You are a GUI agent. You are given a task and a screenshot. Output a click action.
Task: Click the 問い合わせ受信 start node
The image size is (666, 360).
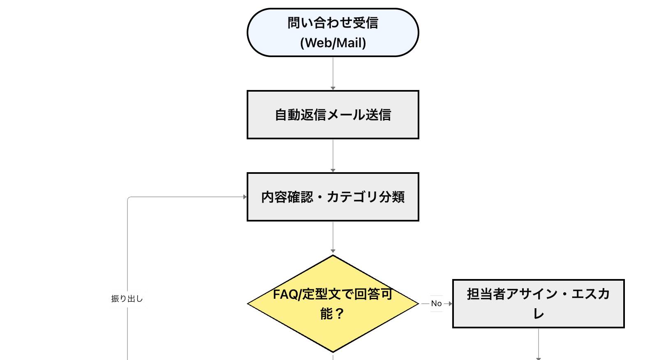click(x=333, y=23)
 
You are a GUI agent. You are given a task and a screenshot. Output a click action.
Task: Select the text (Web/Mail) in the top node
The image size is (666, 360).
click(x=333, y=43)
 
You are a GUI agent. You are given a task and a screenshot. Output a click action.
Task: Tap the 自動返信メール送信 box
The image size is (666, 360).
click(x=333, y=115)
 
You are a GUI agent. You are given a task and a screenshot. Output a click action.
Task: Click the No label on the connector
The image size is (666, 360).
click(x=436, y=304)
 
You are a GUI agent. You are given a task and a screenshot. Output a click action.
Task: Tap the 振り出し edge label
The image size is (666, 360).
click(x=127, y=299)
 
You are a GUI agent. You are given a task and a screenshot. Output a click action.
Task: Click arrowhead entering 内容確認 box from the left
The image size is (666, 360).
click(x=245, y=197)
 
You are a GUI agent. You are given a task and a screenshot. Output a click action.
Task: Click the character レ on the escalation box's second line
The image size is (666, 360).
click(x=539, y=314)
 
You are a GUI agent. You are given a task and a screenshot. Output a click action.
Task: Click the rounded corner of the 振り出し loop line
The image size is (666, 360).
click(x=129, y=198)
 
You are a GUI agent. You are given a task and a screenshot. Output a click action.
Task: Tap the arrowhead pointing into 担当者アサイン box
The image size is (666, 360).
click(x=450, y=304)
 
